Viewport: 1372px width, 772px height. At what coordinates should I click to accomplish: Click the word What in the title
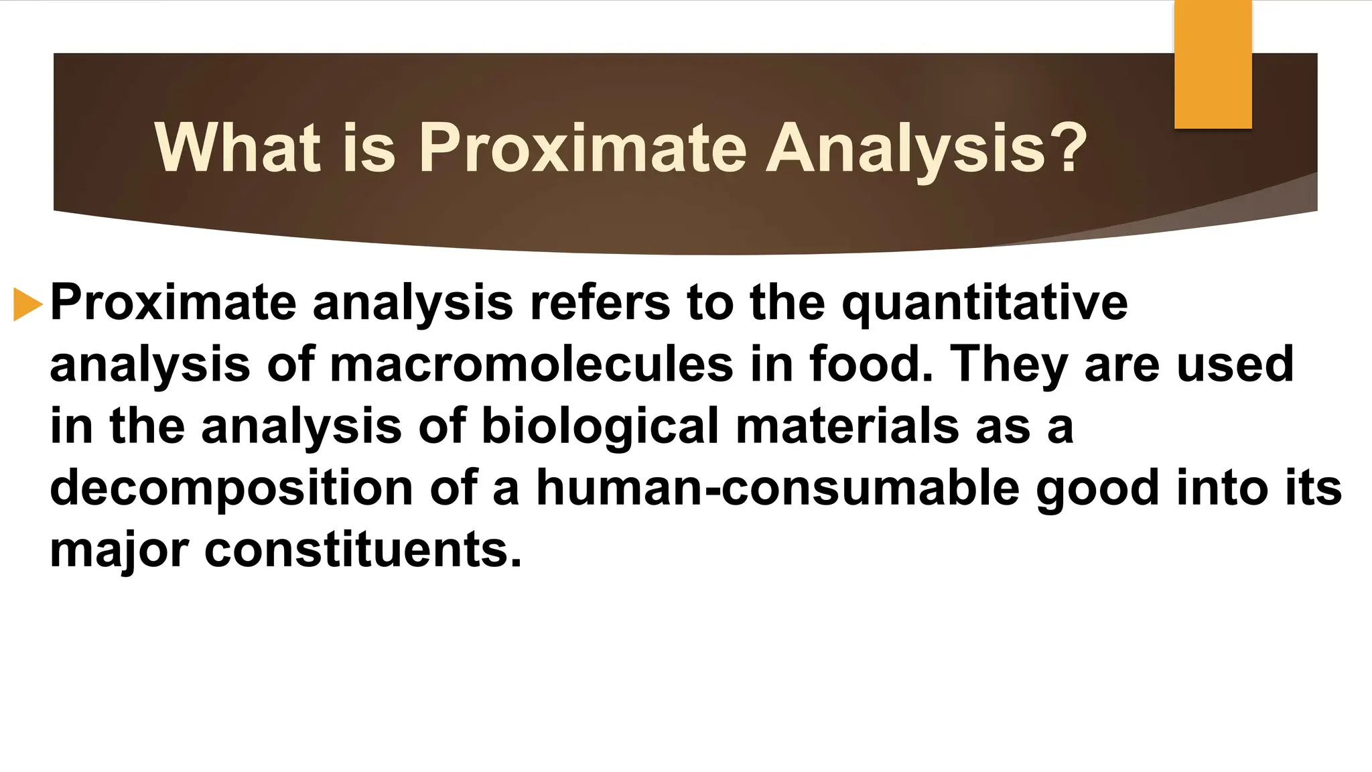(236, 148)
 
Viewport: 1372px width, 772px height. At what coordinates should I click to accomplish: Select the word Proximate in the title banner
(582, 148)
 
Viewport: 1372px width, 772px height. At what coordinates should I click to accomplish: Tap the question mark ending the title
(1065, 148)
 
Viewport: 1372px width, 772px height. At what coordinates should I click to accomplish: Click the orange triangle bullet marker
(27, 304)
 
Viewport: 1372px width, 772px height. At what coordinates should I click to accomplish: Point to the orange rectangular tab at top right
(1213, 64)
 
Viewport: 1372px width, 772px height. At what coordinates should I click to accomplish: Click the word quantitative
(984, 304)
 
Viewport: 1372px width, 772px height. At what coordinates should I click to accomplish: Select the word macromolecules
(531, 365)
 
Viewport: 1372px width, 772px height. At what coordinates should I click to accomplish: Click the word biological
(600, 427)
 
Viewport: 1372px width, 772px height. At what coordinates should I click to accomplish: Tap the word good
(1097, 489)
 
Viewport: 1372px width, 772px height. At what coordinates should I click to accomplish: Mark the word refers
(600, 303)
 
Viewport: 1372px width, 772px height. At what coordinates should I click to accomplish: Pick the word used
(1235, 365)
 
